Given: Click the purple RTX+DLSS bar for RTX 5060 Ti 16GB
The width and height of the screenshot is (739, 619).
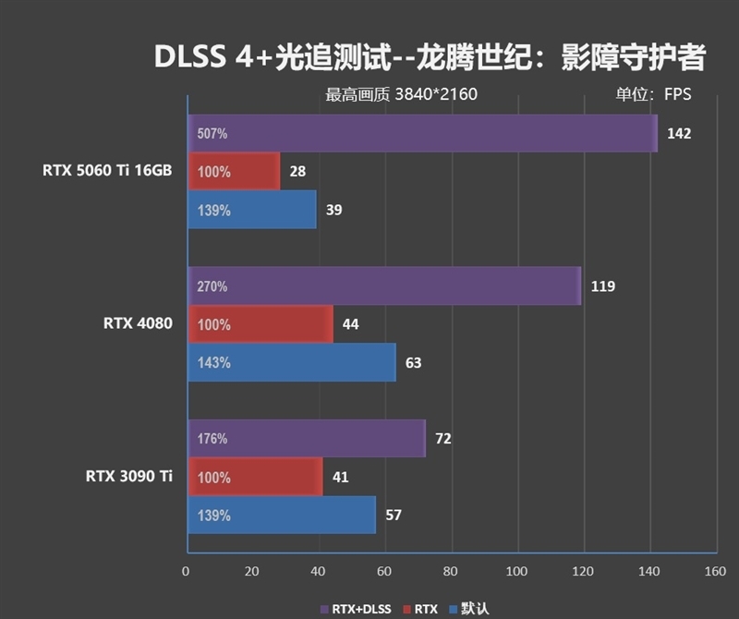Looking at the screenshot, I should tap(422, 133).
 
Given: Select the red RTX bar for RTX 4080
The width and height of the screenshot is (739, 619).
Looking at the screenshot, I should tap(260, 324).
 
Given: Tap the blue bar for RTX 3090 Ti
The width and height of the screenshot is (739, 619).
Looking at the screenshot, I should tap(282, 515).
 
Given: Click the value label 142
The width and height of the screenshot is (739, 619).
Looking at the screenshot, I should tap(679, 133).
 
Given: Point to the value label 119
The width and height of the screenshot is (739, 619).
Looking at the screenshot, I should tap(603, 286).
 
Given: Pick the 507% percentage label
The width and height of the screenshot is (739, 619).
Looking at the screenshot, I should tap(212, 133).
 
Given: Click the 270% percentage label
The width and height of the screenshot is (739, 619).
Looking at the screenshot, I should tap(212, 286).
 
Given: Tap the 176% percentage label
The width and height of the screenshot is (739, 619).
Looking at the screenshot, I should tap(212, 439).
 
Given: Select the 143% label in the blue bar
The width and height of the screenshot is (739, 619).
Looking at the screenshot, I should tap(213, 362).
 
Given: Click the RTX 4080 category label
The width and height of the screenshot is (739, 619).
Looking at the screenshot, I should tap(138, 324).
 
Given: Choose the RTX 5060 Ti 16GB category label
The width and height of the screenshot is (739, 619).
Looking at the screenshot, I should tap(106, 171).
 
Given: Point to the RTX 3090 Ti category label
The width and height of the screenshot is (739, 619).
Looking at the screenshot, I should tap(129, 477).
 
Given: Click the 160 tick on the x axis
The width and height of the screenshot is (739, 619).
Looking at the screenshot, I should tap(714, 572).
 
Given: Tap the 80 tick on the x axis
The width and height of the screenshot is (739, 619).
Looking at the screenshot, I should tap(451, 572).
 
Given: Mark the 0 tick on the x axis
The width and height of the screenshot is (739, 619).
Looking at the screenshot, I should tap(187, 572).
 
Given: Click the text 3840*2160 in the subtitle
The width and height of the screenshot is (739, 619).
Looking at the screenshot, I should tap(436, 93).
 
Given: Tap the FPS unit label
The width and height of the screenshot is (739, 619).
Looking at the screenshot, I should tap(676, 93).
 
